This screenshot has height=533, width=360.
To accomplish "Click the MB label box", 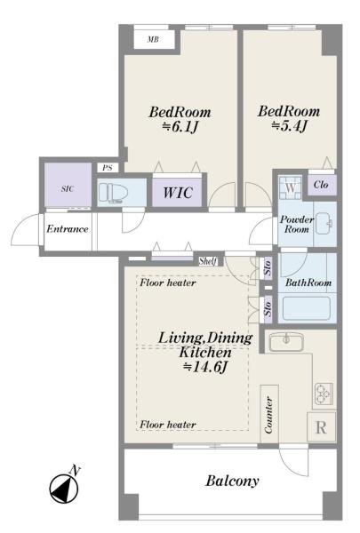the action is pyautogui.click(x=154, y=39).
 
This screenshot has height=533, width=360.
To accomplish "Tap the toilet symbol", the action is pyautogui.click(x=113, y=194).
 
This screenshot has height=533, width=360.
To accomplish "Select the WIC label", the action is pyautogui.click(x=178, y=193).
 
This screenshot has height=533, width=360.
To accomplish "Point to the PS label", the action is pyautogui.click(x=108, y=168).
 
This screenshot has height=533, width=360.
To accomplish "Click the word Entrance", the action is pyautogui.click(x=68, y=229).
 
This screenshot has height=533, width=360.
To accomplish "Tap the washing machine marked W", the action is pyautogui.click(x=291, y=187).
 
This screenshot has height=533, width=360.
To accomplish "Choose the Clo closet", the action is pyautogui.click(x=322, y=186).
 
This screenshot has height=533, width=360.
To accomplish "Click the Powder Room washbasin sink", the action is pyautogui.click(x=324, y=223).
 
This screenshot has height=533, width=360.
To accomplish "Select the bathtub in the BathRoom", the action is pyautogui.click(x=307, y=308).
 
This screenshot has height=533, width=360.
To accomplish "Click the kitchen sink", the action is pyautogui.click(x=286, y=342).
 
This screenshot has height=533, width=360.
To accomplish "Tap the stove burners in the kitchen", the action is pyautogui.click(x=324, y=394).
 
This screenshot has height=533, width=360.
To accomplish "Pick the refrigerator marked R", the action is pyautogui.click(x=321, y=427).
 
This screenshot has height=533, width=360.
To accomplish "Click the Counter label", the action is pyautogui.click(x=268, y=415).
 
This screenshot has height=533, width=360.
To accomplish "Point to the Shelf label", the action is pyautogui.click(x=208, y=261).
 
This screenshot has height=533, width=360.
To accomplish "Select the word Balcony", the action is pyautogui.click(x=232, y=481).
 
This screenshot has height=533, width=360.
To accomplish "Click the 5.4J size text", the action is pyautogui.click(x=289, y=126).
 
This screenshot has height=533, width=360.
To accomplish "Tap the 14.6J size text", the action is pyautogui.click(x=204, y=367).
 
